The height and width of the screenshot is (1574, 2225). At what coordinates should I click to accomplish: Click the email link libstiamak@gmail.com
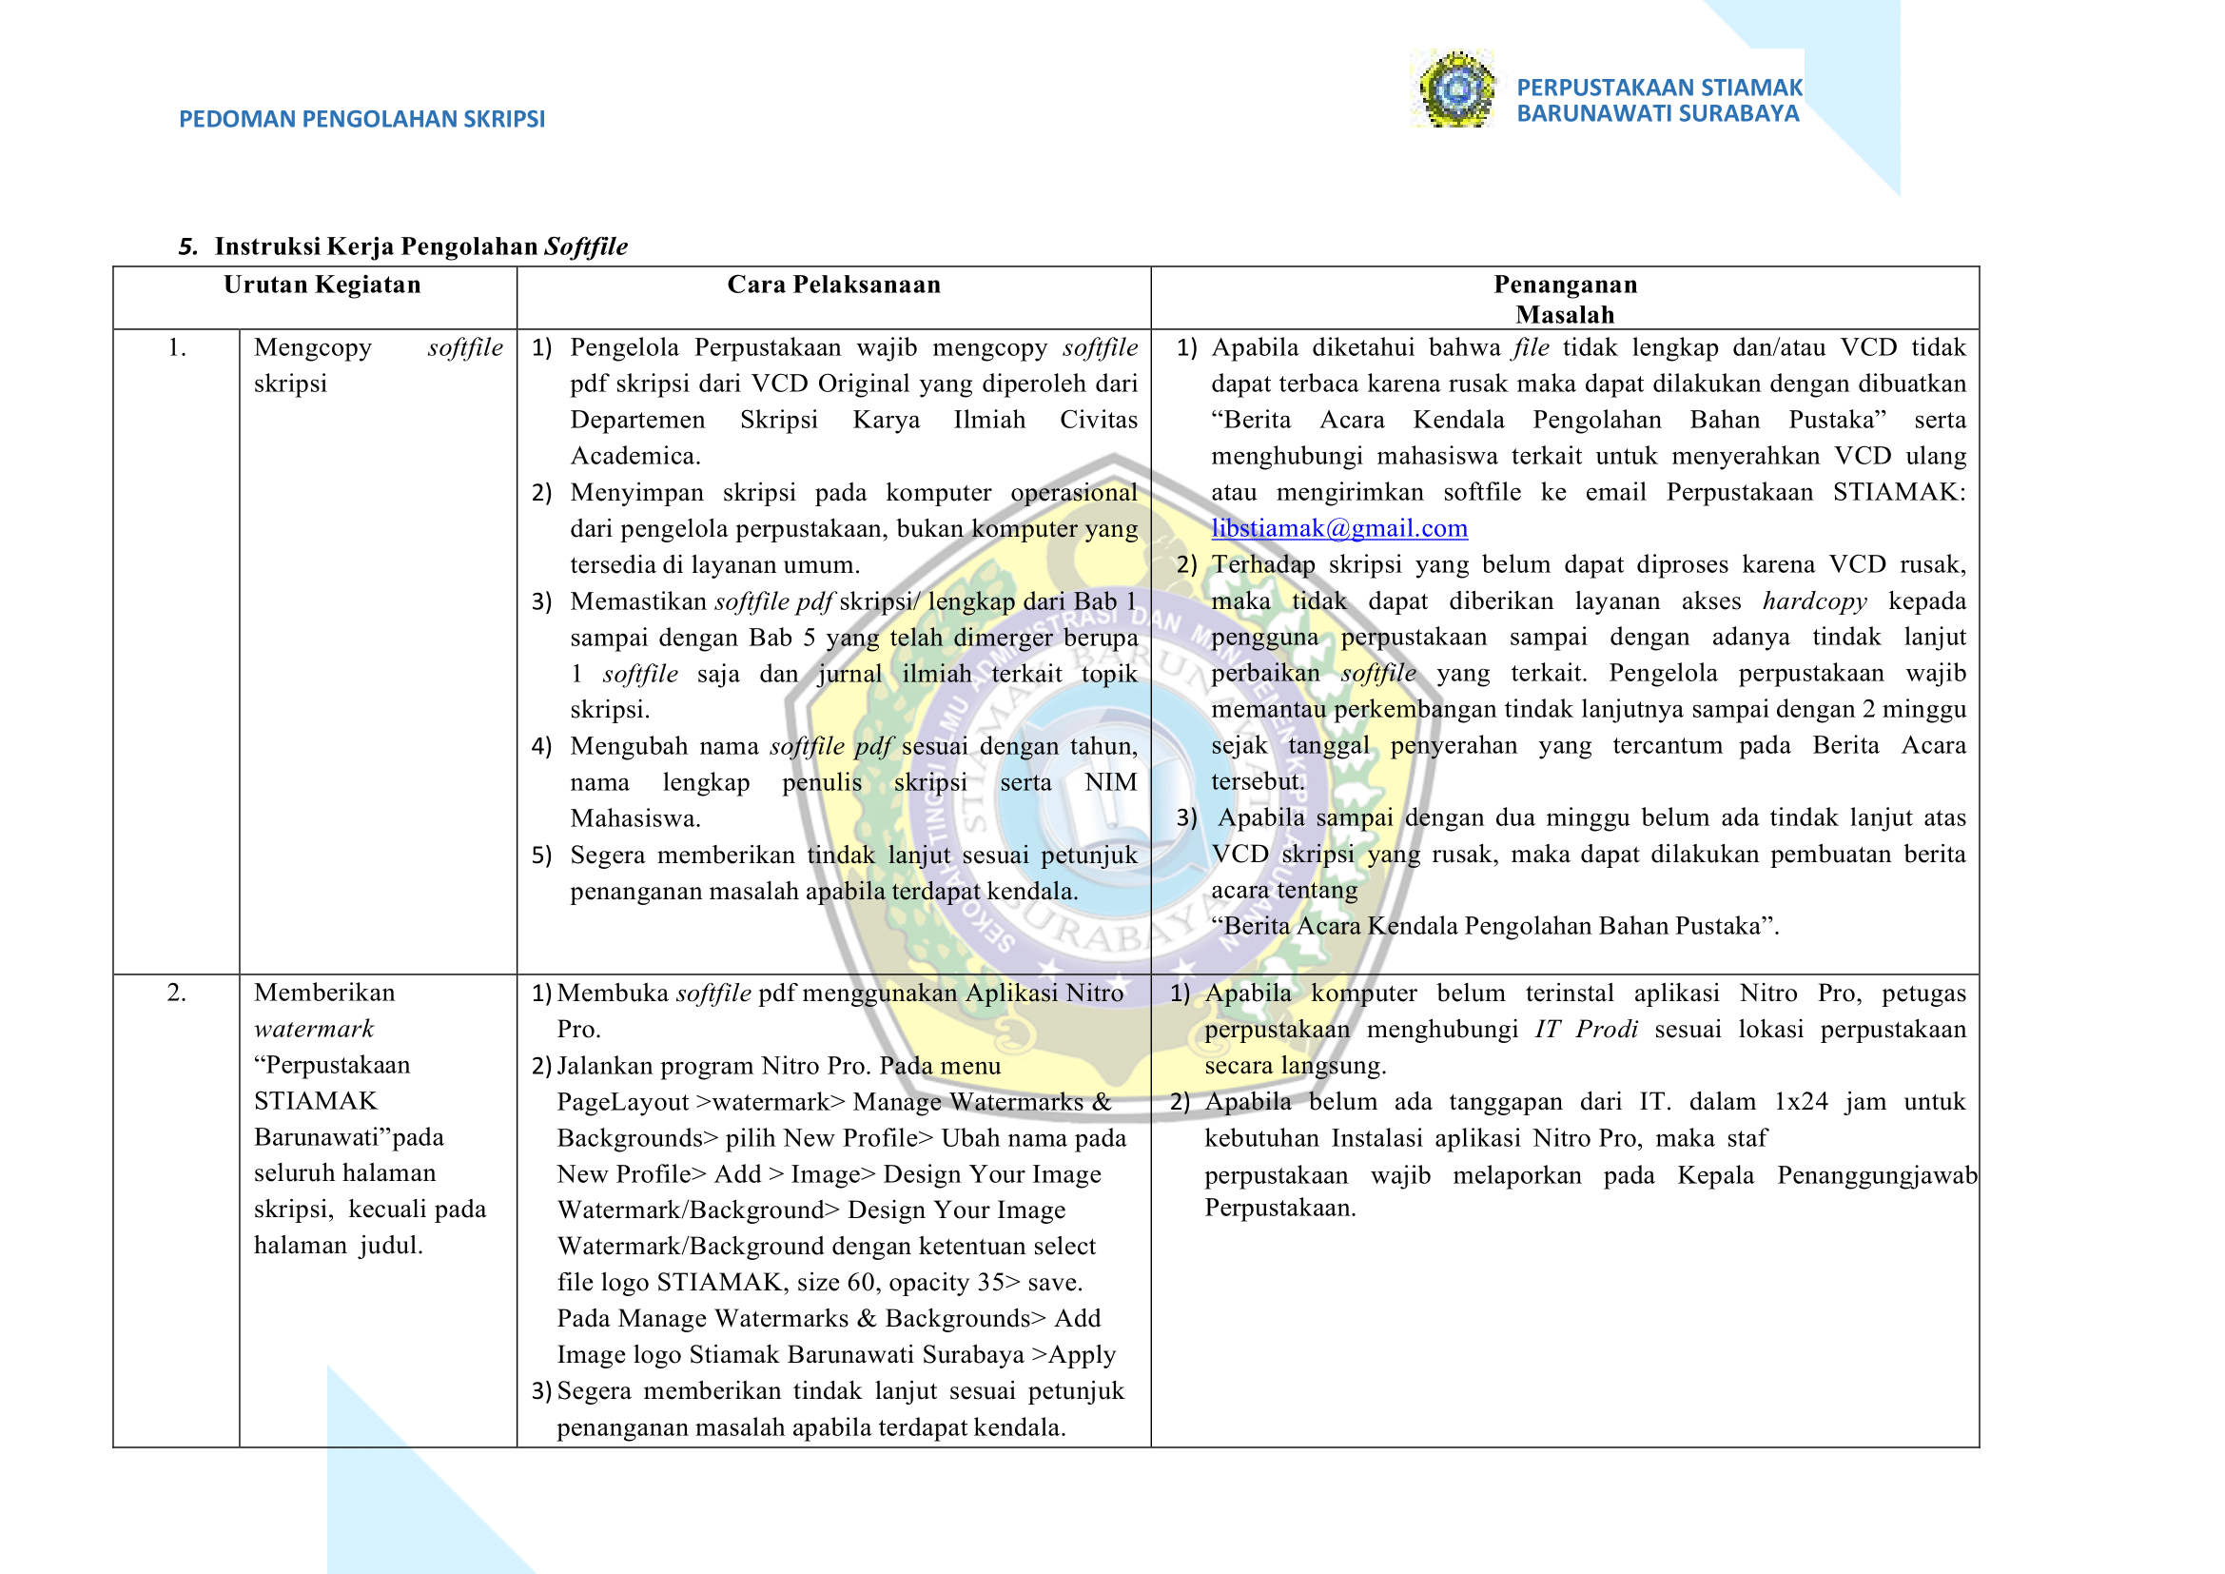click(1338, 528)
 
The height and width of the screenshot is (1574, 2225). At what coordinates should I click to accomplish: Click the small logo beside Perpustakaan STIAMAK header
click(1454, 89)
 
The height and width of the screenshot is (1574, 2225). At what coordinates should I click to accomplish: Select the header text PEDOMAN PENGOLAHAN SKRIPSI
click(361, 119)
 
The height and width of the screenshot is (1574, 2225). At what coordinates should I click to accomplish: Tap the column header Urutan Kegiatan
click(322, 285)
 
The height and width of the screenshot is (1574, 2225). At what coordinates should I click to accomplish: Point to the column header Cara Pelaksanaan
click(833, 285)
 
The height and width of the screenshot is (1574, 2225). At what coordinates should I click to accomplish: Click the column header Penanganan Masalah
click(1564, 300)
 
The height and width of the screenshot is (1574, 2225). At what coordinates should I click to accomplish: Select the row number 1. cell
click(176, 348)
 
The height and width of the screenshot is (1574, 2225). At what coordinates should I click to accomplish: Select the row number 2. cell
click(176, 993)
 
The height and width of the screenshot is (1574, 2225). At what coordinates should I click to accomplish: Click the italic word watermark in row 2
click(313, 1030)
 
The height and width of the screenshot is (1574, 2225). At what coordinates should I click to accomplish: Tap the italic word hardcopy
click(1814, 601)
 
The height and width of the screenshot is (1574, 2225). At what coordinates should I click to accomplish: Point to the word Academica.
click(634, 457)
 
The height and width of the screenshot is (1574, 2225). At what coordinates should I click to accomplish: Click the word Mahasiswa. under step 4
click(634, 819)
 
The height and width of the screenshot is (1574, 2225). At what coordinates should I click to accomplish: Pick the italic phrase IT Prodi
click(1586, 1030)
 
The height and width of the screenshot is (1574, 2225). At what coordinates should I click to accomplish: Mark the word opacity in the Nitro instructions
click(928, 1282)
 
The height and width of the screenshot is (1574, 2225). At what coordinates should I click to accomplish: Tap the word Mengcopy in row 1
click(312, 348)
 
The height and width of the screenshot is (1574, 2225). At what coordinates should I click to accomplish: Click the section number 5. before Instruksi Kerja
click(188, 247)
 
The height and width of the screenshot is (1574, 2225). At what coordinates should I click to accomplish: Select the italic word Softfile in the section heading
click(585, 247)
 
